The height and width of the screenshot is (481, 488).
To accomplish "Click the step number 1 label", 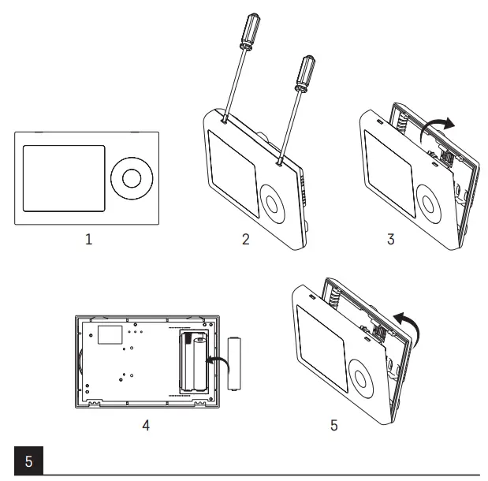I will click(x=88, y=240).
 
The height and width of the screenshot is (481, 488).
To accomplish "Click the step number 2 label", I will click(x=245, y=240).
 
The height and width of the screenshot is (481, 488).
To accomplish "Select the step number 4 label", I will click(x=144, y=426).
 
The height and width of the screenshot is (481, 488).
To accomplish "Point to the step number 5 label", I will click(x=334, y=426).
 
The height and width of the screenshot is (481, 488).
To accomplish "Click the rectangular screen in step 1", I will click(x=63, y=178).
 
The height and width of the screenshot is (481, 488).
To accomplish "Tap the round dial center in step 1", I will click(x=130, y=178).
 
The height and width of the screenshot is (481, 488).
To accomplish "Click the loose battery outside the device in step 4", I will click(x=233, y=364).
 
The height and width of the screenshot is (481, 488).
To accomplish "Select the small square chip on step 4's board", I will click(x=110, y=334).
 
